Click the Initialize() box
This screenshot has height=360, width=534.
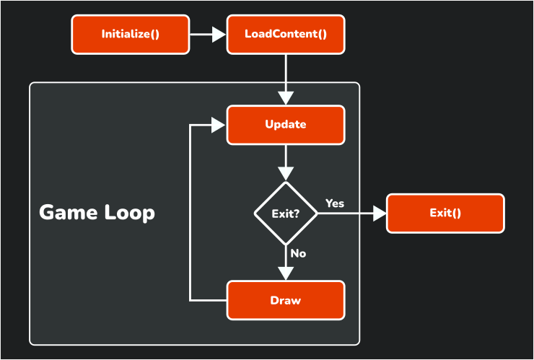point(130,35)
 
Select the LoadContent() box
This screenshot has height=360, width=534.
point(286,35)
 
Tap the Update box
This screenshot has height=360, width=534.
point(286,125)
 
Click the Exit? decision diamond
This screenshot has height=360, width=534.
point(286,214)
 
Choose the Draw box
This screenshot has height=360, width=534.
point(286,300)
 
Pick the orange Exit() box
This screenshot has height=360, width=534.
point(445,214)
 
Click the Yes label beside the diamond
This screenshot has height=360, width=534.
point(335,203)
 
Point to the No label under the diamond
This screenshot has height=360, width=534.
point(298,254)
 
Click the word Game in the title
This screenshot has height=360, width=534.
point(69,213)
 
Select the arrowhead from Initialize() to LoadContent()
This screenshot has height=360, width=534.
point(219,35)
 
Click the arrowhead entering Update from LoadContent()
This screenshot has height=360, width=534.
point(286,97)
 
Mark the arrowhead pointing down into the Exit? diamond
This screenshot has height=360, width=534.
point(286,173)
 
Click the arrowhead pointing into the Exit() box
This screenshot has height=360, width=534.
point(379,214)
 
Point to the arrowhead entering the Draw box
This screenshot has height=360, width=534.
point(286,273)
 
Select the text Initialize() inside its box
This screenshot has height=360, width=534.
point(130,34)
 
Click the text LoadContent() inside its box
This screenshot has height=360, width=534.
point(286,34)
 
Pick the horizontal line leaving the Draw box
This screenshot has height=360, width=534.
point(209,300)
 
